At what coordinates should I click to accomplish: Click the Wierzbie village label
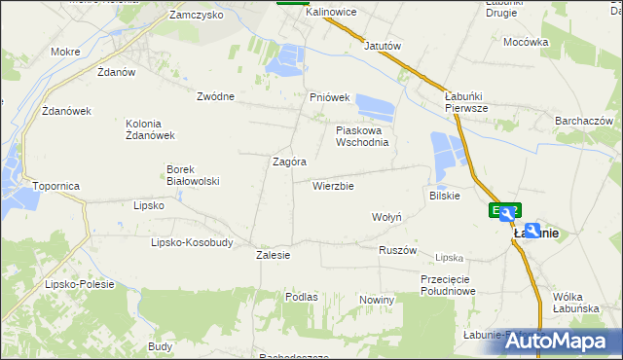point(333,186)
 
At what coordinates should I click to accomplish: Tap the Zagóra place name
point(290,162)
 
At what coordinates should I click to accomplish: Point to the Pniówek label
point(329,97)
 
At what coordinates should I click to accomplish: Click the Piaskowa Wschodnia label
point(362,135)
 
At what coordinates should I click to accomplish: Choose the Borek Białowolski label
point(193,174)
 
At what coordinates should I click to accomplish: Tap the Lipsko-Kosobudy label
point(192,242)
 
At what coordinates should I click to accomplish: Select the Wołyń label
point(386,217)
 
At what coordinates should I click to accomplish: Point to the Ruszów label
point(397,250)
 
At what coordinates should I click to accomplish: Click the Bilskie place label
point(444,196)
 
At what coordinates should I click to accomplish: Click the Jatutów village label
point(383,46)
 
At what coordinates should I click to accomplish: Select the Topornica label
point(55,185)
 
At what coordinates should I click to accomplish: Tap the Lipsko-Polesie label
point(80,284)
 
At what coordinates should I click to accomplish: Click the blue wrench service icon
point(532,230)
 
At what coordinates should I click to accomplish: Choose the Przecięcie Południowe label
point(448,284)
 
